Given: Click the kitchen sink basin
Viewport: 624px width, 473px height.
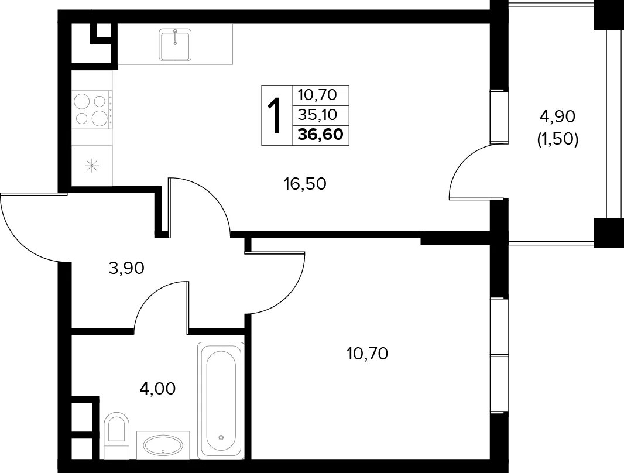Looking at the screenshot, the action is click(x=174, y=44).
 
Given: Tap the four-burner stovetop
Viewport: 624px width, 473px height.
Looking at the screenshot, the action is click(x=91, y=109).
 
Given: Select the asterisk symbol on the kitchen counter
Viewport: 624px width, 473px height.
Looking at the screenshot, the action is click(x=92, y=166).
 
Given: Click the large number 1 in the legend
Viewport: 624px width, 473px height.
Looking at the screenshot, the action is click(x=275, y=116).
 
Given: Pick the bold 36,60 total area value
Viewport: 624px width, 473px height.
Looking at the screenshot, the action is click(x=320, y=135).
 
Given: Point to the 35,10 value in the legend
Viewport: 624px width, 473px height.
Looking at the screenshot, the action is click(x=318, y=115).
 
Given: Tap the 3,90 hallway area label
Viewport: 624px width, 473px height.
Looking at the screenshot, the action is click(x=126, y=269).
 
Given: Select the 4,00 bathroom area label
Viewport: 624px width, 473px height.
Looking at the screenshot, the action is click(x=157, y=388).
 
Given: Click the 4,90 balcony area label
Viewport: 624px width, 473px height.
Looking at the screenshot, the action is click(x=557, y=116).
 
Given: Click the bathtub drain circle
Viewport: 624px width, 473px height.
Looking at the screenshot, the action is click(x=221, y=437).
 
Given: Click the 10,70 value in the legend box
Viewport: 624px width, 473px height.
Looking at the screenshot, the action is click(x=318, y=95).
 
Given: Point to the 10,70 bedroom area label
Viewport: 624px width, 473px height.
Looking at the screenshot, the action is click(x=367, y=353).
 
